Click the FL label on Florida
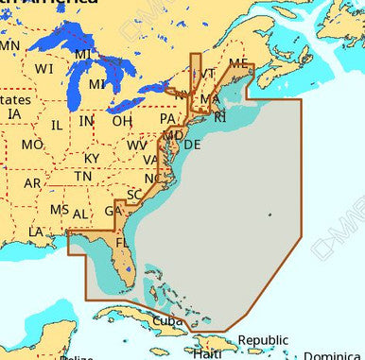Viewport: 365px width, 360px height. tap(122, 243)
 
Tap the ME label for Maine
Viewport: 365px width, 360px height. tap(238, 63)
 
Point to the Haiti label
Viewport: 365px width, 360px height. tap(207, 352)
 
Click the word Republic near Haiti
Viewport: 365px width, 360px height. tap(262, 340)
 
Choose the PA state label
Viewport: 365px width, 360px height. tap(167, 119)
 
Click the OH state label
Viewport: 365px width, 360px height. tap(122, 121)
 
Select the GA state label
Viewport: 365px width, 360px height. tap(113, 211)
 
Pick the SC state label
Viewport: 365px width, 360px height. tap(134, 195)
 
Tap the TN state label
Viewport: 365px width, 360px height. tap(83, 177)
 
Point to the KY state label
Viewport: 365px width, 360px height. tap(92, 158)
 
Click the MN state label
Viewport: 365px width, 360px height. tap(9, 45)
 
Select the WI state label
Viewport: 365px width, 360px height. tap(43, 69)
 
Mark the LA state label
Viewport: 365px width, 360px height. tap(36, 231)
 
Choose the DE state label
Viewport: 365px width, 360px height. tap(191, 145)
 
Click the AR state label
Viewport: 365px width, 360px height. tap(32, 183)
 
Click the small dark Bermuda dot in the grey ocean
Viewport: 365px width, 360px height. tap(269, 215)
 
